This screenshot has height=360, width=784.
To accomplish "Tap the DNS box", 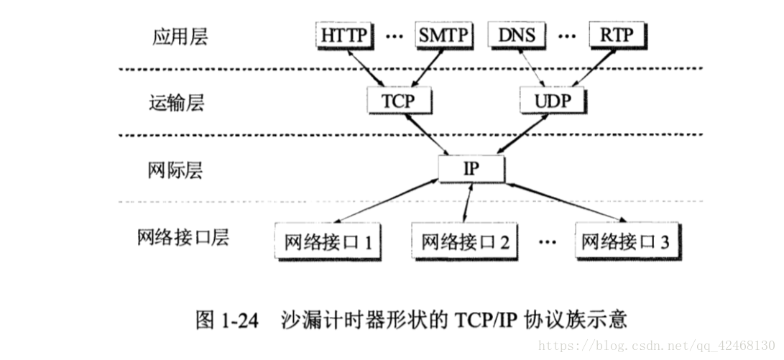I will tap(515, 34).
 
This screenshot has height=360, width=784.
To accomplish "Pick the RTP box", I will tap(617, 34).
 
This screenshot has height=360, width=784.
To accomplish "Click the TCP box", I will tap(397, 101).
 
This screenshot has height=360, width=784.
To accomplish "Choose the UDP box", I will tap(551, 101).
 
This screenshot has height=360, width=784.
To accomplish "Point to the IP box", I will tap(471, 169).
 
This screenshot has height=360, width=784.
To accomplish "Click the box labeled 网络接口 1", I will tap(327, 241).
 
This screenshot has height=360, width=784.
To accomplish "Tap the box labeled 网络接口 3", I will tap(625, 241).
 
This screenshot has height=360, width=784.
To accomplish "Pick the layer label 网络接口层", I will tap(183, 237).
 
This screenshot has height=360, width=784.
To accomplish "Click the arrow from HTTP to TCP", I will tap(367, 68).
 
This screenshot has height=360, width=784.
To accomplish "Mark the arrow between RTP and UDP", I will tap(591, 68).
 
